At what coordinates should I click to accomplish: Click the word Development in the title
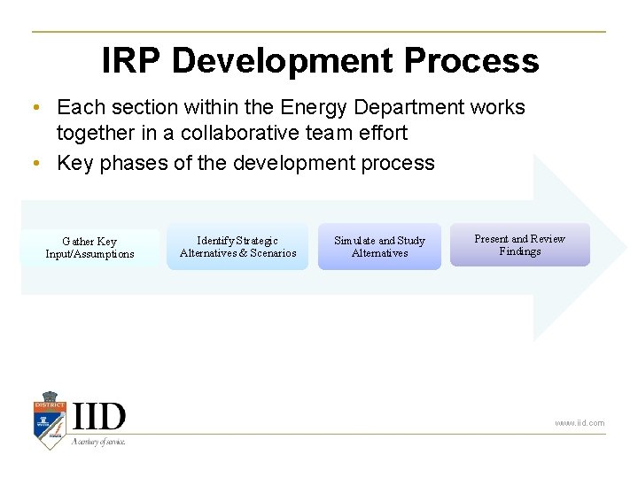point(282,61)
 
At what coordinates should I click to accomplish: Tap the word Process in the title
point(470,61)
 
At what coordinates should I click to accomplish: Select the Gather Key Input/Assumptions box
point(89,248)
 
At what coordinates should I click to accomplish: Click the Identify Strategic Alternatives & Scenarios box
point(237,247)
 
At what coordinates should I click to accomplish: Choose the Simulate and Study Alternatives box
point(379,247)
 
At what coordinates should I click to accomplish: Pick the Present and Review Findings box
point(519,245)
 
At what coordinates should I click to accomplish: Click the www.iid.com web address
point(580,423)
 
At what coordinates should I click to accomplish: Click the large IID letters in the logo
point(98,416)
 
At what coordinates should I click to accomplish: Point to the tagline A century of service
point(98,441)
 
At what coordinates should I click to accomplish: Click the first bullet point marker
point(34,108)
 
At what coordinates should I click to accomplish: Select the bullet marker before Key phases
point(34,164)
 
